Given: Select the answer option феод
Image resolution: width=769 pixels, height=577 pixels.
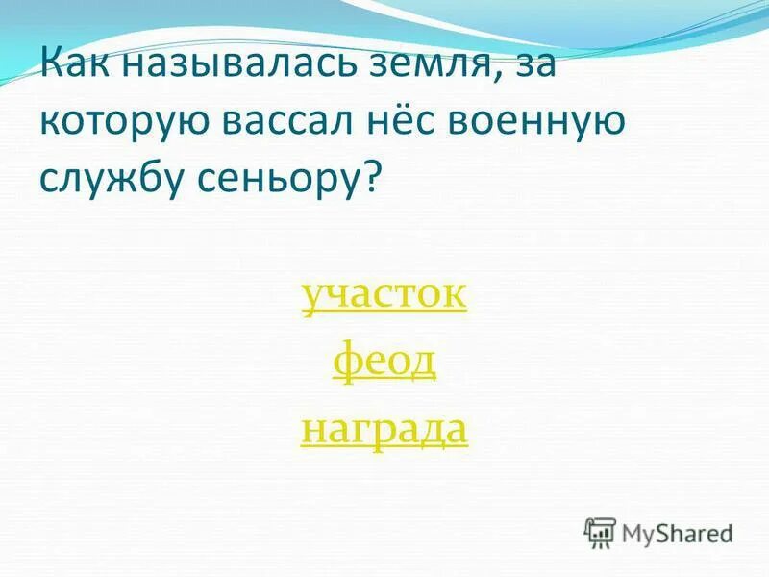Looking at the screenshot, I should tap(384, 363).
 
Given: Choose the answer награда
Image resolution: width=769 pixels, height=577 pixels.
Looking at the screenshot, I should tap(384, 429).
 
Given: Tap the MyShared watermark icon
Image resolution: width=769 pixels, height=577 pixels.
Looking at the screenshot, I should tap(600, 532).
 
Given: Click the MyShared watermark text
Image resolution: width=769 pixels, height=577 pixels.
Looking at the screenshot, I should tap(678, 532).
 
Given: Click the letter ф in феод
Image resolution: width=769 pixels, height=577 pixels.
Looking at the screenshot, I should tap(346, 364).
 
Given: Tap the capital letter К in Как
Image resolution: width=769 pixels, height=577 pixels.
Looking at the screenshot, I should tap(51, 68).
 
